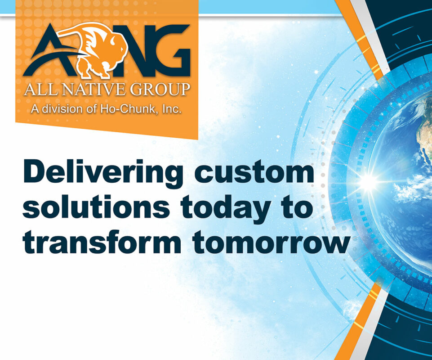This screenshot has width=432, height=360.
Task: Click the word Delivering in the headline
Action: point(103,174)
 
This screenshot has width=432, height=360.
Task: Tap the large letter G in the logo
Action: point(171,50)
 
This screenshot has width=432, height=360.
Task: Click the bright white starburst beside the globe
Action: point(368,181)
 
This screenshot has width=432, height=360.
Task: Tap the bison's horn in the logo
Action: point(113,42)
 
